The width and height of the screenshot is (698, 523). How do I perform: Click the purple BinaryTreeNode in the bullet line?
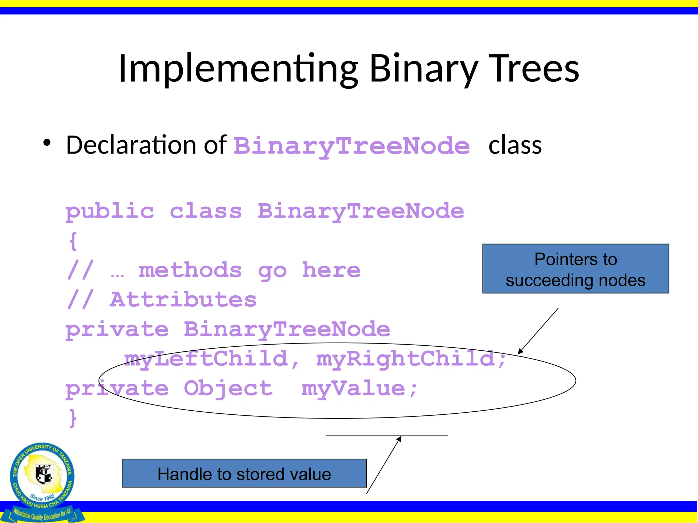(x=351, y=146)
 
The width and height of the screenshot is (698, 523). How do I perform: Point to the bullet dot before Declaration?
(x=47, y=143)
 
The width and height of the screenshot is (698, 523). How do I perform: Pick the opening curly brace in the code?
(x=73, y=241)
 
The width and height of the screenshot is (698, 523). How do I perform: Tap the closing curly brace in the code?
(x=73, y=418)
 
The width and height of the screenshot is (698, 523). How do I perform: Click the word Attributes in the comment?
(x=183, y=300)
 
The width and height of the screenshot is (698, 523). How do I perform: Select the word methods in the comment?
(x=190, y=270)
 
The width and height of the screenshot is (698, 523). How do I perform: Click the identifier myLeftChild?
(x=206, y=359)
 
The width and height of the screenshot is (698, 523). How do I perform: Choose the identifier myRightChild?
(x=406, y=359)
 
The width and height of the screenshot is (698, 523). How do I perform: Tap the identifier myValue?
(x=353, y=389)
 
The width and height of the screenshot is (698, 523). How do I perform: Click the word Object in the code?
(x=228, y=389)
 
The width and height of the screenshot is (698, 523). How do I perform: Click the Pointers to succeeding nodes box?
(x=575, y=269)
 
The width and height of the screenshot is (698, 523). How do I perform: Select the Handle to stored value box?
(x=244, y=473)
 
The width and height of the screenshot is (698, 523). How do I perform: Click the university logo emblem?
(x=43, y=477)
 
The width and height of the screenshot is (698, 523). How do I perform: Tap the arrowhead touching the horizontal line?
(x=399, y=439)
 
